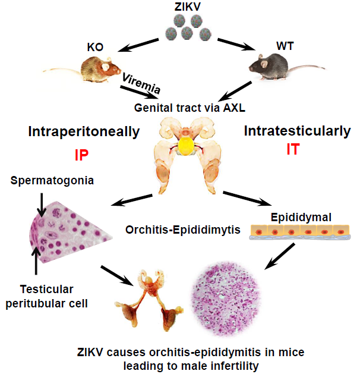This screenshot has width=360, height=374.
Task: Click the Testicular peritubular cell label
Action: (x=49, y=296)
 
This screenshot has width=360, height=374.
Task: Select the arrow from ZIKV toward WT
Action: (x=236, y=46)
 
